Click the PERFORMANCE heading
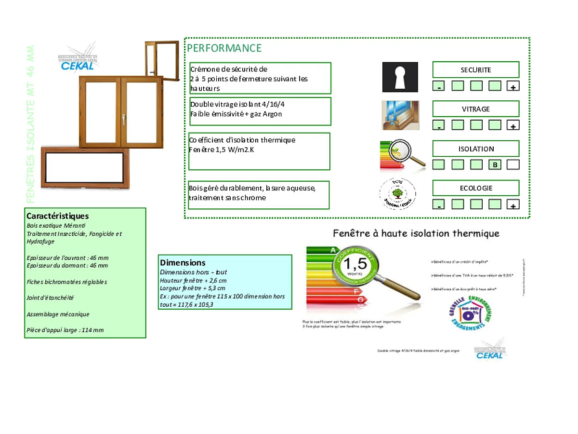click(x=224, y=48)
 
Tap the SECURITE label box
click(x=475, y=70)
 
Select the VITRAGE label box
click(x=475, y=109)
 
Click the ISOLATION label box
click(x=475, y=149)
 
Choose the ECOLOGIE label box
click(x=475, y=188)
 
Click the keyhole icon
click(x=400, y=77)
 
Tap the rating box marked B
click(x=495, y=165)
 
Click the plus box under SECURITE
click(x=513, y=87)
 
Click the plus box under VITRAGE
click(x=513, y=126)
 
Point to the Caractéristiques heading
click(x=58, y=216)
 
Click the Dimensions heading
click(x=183, y=263)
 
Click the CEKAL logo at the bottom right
click(x=490, y=351)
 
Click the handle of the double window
click(x=123, y=119)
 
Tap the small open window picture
click(x=162, y=59)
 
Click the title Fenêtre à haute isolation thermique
click(x=416, y=234)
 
